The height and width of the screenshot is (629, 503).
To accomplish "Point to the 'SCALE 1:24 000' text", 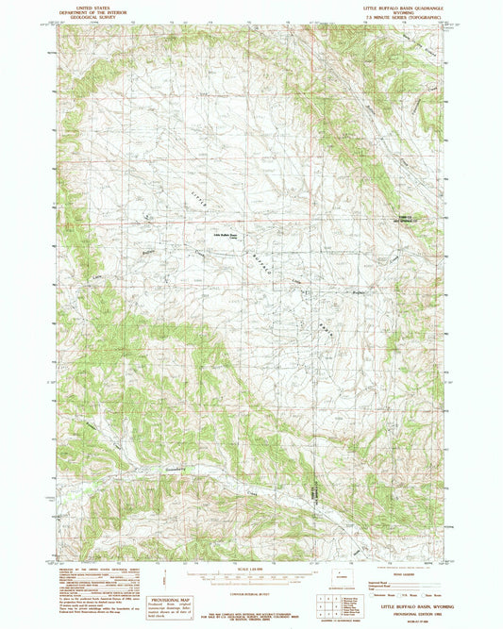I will (250, 567).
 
